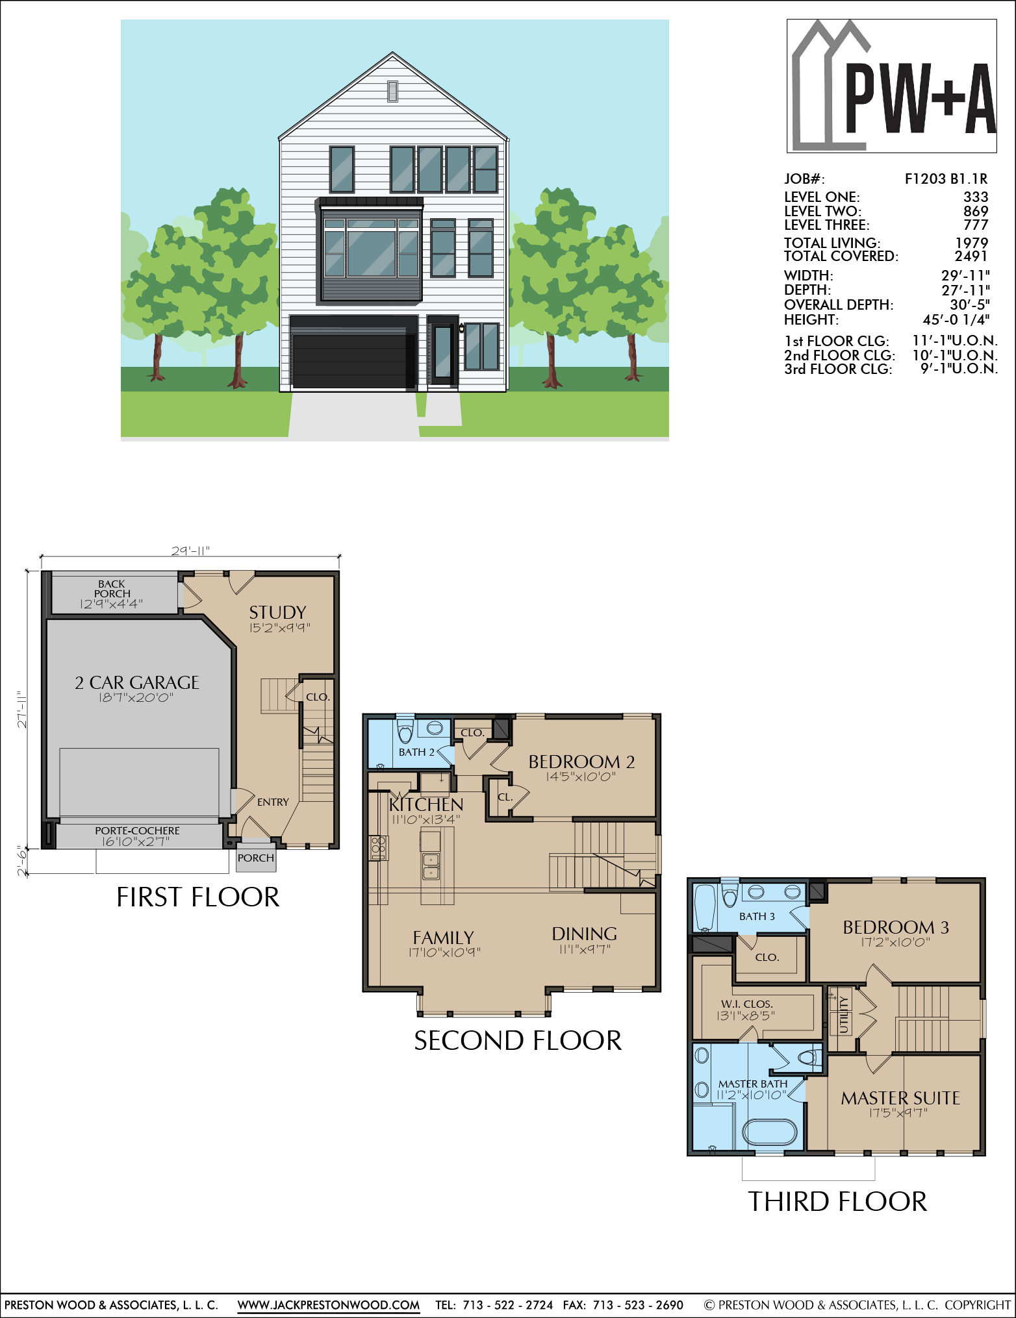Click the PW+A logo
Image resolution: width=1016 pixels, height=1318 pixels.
point(891,86)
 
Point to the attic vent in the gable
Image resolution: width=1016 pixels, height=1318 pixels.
point(392,91)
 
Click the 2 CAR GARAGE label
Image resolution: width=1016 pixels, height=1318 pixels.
point(136,682)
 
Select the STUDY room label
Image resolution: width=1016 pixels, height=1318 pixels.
point(277,612)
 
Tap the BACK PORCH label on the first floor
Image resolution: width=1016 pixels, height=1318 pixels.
point(112,588)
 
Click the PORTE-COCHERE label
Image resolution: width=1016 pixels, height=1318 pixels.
point(137,830)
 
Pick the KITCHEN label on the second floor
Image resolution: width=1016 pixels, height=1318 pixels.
point(426,804)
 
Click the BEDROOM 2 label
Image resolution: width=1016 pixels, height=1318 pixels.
point(581,762)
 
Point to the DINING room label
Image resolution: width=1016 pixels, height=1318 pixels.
point(584,934)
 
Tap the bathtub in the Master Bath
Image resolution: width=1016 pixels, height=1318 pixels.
point(769,1132)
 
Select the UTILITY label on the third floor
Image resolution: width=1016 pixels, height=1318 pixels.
point(843,1014)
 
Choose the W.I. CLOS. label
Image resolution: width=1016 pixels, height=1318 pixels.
point(746,1004)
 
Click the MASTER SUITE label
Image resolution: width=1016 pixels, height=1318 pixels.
point(900,1098)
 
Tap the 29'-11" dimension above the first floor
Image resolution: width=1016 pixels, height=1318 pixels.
point(190,551)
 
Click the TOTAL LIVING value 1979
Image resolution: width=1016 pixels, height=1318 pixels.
point(972,242)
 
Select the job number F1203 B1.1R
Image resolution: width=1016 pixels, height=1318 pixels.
point(946,179)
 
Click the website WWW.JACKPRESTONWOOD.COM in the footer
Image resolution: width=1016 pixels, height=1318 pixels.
point(329,1305)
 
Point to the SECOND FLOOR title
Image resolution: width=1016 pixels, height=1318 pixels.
point(518,1041)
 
